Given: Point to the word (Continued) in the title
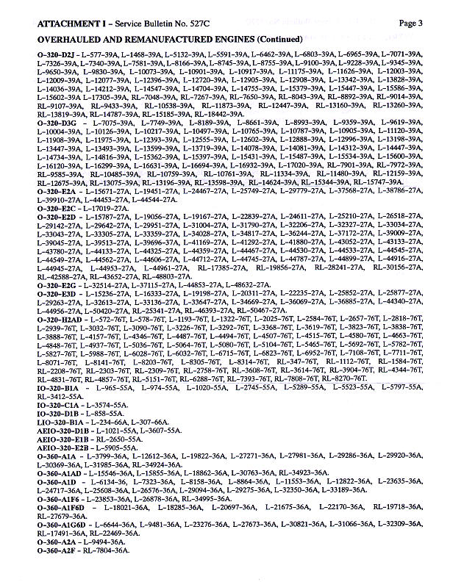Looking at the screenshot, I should tap(277, 39).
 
